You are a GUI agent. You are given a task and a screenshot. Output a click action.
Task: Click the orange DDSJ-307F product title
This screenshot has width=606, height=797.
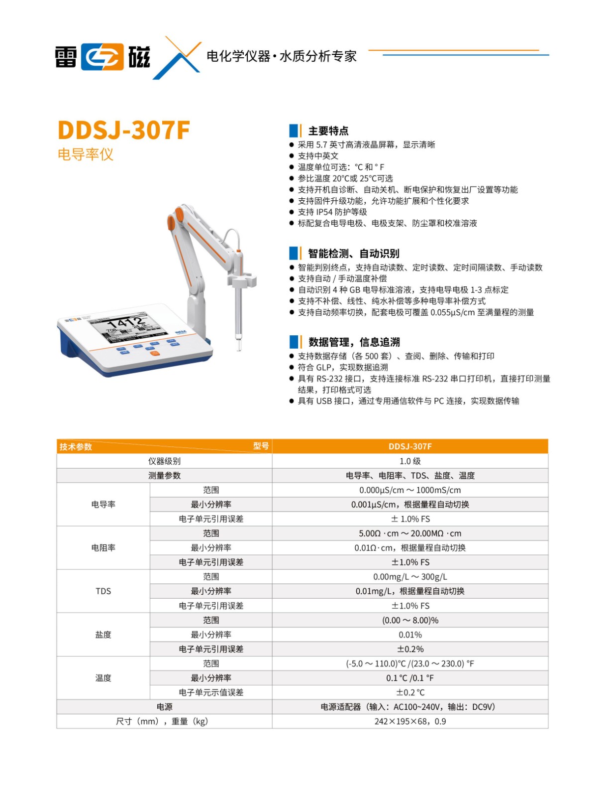click(x=124, y=130)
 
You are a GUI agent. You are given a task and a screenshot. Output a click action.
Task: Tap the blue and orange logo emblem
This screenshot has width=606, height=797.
click(x=102, y=57)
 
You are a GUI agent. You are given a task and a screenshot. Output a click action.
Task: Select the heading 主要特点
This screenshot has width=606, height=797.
click(x=328, y=131)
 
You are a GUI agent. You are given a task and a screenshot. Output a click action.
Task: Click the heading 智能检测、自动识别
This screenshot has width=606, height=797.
click(x=353, y=254)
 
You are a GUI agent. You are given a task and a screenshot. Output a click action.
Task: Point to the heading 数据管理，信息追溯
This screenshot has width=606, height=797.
click(x=354, y=342)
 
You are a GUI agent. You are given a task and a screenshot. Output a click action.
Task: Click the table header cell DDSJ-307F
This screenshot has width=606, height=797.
click(x=410, y=446)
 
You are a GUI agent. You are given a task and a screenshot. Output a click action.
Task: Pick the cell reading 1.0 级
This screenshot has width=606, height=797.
click(x=410, y=461)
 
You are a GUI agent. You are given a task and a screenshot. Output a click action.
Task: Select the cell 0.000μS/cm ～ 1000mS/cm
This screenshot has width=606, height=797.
click(x=410, y=490)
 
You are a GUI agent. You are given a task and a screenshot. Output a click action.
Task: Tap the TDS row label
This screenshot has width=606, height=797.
click(x=103, y=591)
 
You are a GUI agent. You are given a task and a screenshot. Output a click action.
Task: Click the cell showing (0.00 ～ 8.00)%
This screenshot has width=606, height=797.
click(x=410, y=620)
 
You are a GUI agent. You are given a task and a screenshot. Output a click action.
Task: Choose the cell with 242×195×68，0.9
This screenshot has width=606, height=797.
click(x=410, y=721)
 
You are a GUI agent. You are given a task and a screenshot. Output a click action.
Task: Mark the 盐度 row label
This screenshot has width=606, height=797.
click(x=103, y=635)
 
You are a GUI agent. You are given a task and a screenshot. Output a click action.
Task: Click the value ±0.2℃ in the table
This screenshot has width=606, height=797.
click(x=410, y=692)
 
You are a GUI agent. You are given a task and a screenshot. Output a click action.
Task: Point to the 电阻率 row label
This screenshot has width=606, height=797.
click(x=103, y=547)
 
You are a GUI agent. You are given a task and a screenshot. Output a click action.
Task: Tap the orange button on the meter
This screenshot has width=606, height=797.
click(x=155, y=353)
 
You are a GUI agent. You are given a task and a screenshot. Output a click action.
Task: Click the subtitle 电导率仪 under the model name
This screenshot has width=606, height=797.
click(x=86, y=154)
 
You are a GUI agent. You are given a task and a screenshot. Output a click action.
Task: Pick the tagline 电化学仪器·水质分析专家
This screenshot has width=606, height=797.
click(x=282, y=56)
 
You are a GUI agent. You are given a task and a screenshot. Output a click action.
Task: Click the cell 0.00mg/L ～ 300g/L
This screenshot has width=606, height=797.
click(x=410, y=577)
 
